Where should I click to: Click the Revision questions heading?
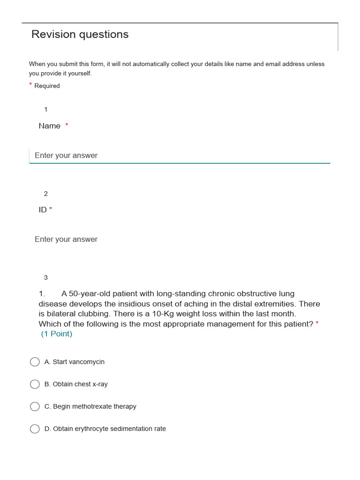[x=80, y=34]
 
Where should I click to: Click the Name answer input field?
[x=180, y=156]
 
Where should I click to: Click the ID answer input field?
[x=180, y=239]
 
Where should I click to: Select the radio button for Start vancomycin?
[x=35, y=362]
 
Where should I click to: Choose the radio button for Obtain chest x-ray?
[x=35, y=384]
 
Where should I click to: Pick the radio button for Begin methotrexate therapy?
[x=35, y=406]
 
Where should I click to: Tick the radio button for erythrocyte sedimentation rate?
[x=35, y=429]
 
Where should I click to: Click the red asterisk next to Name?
[x=67, y=125]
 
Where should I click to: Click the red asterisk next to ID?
[x=51, y=209]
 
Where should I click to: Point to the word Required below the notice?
[x=47, y=86]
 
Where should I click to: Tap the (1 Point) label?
[x=57, y=334]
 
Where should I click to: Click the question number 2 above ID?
[x=45, y=194]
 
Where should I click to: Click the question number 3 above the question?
[x=45, y=277]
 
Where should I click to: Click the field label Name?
[x=49, y=126]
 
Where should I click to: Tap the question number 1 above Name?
[x=45, y=109]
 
